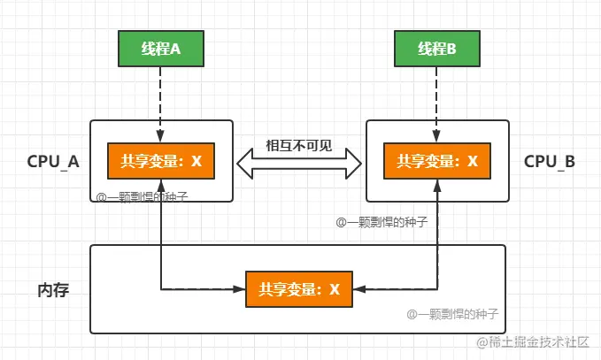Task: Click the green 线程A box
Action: [x=161, y=50]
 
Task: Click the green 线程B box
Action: [x=437, y=50]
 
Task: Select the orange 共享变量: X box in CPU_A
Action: [x=161, y=161]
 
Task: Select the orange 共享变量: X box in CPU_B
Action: [x=437, y=161]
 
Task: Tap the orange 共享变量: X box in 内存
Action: [x=299, y=289]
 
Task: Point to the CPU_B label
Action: [x=550, y=162]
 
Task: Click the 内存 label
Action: [x=53, y=290]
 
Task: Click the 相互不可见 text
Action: [x=299, y=145]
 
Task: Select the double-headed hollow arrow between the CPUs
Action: [x=299, y=162]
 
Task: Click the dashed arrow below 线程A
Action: [x=161, y=102]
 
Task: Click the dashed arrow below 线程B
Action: [x=437, y=102]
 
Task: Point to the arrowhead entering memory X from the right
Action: [x=359, y=289]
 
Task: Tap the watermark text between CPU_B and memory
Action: [x=381, y=222]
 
